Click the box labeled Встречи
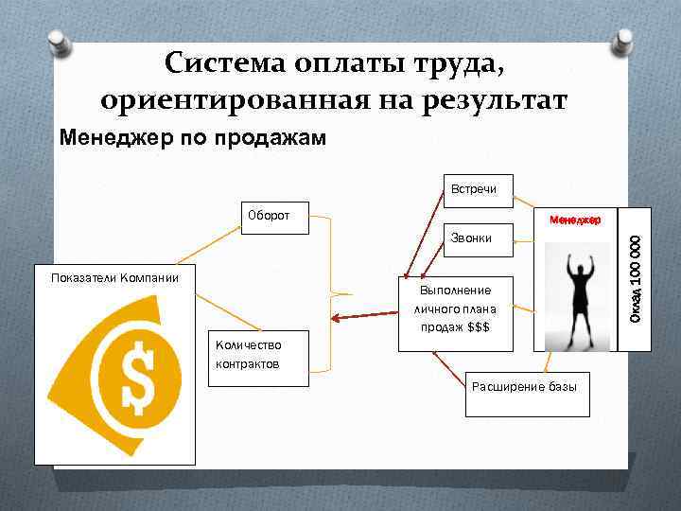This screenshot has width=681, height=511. click(480, 188)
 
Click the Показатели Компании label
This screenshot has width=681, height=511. click(113, 276)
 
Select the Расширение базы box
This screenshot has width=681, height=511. click(528, 388)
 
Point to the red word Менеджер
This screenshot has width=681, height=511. click(575, 220)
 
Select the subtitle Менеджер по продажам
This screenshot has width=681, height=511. click(192, 139)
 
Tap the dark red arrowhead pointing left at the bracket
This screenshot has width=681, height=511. click(337, 319)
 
